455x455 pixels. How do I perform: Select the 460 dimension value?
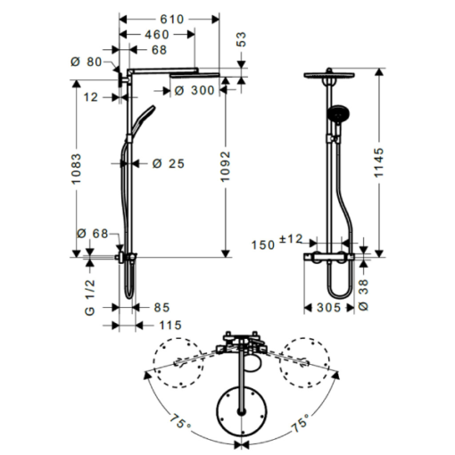click(x=157, y=35)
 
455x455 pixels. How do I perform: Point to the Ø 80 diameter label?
click(x=86, y=62)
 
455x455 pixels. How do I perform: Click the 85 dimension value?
click(x=161, y=308)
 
